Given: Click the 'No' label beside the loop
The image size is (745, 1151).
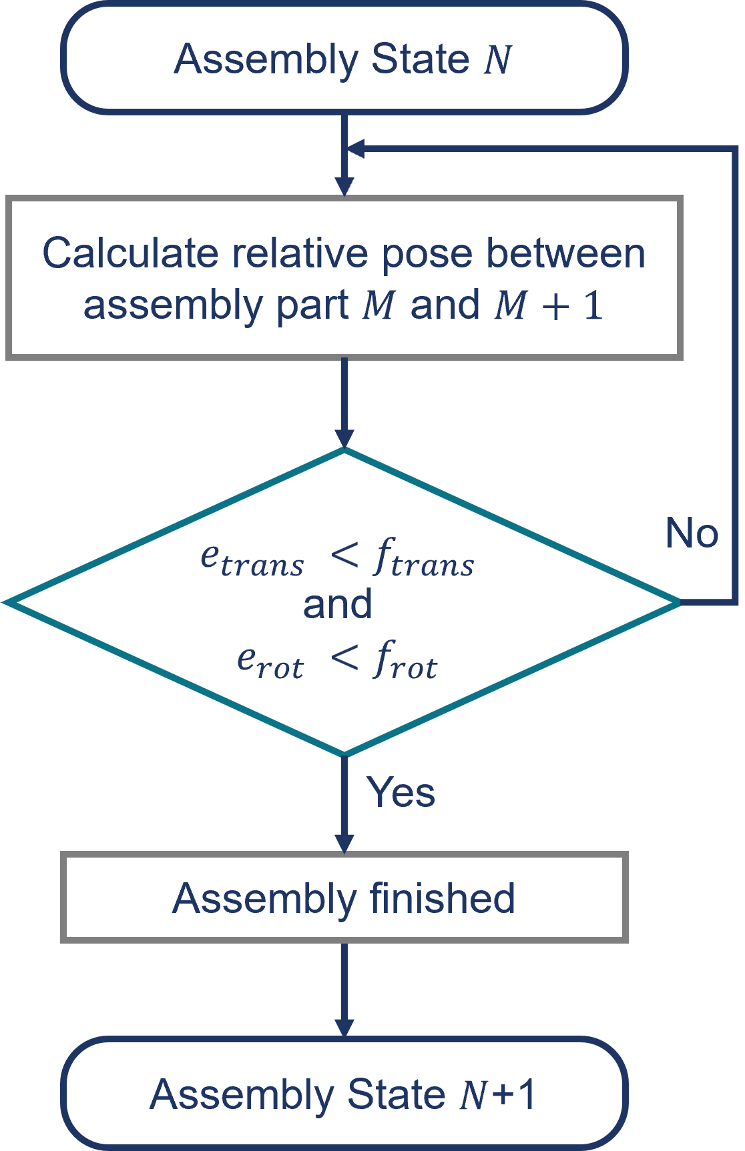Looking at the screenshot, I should (692, 533).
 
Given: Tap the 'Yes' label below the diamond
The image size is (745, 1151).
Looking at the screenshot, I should (401, 792).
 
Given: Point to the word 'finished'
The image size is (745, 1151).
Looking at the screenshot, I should (442, 898).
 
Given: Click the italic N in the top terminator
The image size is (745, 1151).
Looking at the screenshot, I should (498, 60).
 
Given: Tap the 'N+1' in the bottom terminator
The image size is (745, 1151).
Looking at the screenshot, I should (498, 1095).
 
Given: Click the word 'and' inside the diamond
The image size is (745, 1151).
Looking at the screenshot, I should (338, 605).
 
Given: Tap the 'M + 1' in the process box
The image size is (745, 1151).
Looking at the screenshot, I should (549, 305).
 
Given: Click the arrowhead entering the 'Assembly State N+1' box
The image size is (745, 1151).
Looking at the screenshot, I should (344, 1027).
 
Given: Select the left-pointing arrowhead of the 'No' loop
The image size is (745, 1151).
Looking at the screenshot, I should (355, 149).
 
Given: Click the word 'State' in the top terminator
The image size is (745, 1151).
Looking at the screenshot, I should (421, 59).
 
